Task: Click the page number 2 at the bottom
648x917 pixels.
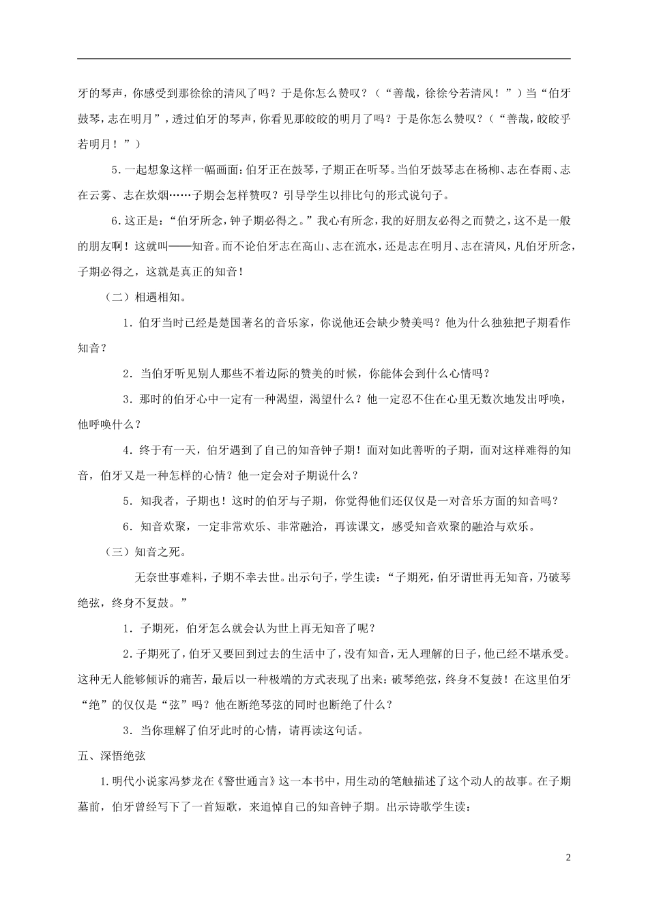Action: (568, 856)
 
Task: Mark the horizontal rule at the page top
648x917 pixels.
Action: (323, 59)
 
